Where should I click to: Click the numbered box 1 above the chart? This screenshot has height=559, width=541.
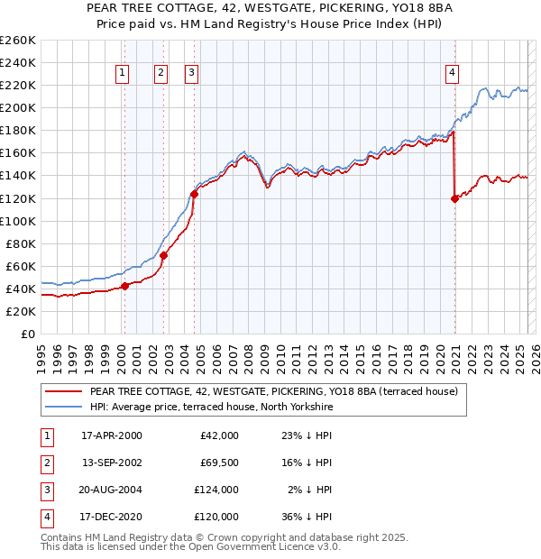pyautogui.click(x=122, y=74)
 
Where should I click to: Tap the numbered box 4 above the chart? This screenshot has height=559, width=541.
pyautogui.click(x=451, y=74)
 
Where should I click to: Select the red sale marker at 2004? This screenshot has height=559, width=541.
pyautogui.click(x=195, y=193)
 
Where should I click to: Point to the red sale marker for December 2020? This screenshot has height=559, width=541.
pyautogui.click(x=454, y=198)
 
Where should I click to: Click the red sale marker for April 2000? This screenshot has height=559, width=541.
pyautogui.click(x=124, y=287)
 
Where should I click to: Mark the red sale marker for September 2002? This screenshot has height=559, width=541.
pyautogui.click(x=163, y=255)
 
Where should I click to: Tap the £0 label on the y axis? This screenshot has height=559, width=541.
pyautogui.click(x=27, y=334)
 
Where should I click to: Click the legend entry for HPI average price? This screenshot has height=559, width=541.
pyautogui.click(x=212, y=407)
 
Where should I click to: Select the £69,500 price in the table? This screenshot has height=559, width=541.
pyautogui.click(x=217, y=463)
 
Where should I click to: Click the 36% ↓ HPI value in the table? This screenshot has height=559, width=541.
pyautogui.click(x=306, y=517)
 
